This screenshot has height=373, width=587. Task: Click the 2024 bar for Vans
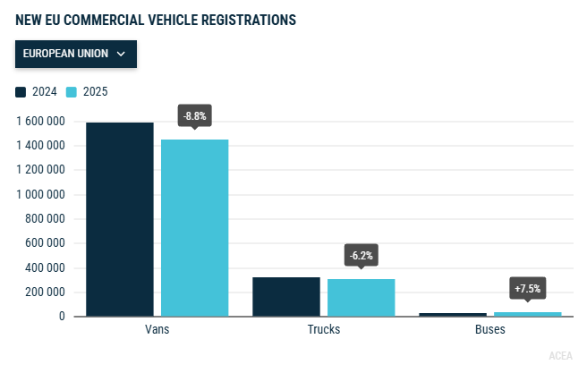pos(120,219)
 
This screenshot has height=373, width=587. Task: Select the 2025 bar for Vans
pos(194,228)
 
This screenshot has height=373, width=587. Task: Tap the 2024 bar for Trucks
pos(286,297)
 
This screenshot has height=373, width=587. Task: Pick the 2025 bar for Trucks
pos(361,298)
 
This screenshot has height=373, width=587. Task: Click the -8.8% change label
pos(194,116)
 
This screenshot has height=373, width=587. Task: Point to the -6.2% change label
pos(361,255)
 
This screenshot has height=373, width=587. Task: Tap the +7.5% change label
pos(527,288)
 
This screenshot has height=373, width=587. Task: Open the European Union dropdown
pos(75,54)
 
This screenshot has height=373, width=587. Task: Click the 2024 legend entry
pos(37,91)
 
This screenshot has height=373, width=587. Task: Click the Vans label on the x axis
pos(157,329)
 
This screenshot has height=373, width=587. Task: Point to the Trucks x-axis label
pos(323,329)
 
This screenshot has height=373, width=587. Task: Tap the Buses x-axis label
pos(489,329)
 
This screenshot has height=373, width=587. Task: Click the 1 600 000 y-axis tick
pos(40,121)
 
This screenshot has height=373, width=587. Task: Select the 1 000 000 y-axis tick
pos(40,194)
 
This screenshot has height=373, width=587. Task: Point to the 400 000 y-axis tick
pos(45,267)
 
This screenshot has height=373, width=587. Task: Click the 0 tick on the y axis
pos(62,317)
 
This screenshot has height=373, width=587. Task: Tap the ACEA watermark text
pos(560,356)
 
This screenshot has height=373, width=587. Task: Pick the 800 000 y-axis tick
pos(45,218)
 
